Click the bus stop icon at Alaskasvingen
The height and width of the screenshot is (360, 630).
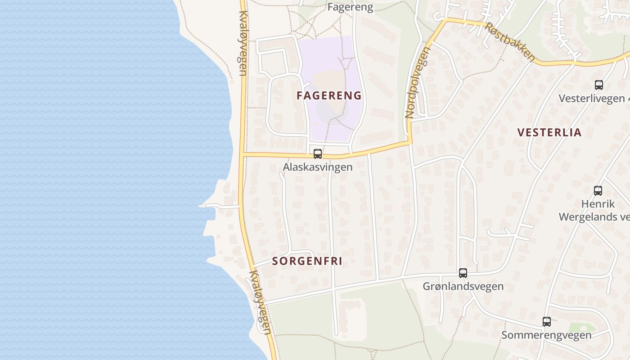click(x=318, y=154)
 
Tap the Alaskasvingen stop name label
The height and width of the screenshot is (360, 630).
click(x=317, y=167)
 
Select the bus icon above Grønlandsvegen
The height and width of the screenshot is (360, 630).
click(x=463, y=273)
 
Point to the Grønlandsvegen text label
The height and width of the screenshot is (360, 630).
click(x=463, y=286)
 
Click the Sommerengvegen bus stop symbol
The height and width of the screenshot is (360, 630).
click(x=547, y=322)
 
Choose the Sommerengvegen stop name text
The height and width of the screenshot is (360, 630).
click(x=546, y=335)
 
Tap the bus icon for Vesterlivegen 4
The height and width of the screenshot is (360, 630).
click(x=599, y=85)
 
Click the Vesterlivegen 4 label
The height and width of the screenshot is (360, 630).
click(x=592, y=99)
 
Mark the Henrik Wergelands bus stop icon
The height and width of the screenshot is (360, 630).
click(x=598, y=191)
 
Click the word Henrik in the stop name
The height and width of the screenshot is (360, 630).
click(x=598, y=204)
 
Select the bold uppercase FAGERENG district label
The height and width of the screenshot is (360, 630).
click(x=329, y=95)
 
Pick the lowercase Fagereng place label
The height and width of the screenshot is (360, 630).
click(x=351, y=7)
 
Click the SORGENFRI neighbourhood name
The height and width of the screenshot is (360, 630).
click(x=307, y=261)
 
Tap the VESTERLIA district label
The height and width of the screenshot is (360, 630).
click(x=549, y=132)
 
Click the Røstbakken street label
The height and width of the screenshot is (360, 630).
click(x=510, y=42)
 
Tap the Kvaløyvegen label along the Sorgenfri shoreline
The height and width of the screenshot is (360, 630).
click(x=261, y=302)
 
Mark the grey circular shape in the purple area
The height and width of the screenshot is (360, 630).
click(x=332, y=109)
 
